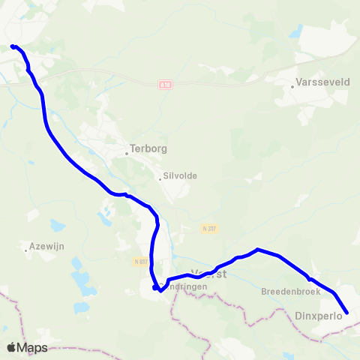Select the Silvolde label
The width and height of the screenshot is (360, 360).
[x=180, y=177]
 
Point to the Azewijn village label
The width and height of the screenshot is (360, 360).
[x=43, y=244]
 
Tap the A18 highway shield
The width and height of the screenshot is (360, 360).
[x=166, y=85]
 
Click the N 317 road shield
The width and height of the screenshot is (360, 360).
[x=209, y=228]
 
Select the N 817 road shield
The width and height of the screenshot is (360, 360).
[x=140, y=261]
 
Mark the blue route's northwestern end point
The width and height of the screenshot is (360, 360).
[x=13, y=46]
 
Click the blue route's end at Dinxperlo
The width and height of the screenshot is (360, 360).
[x=347, y=313]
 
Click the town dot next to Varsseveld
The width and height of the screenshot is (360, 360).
[x=292, y=87]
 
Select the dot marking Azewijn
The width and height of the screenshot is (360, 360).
[x=26, y=250]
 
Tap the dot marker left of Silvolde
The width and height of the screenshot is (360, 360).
[x=160, y=178]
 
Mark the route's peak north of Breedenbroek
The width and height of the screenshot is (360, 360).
[x=257, y=249]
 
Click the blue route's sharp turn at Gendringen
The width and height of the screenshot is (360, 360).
[x=155, y=287]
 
